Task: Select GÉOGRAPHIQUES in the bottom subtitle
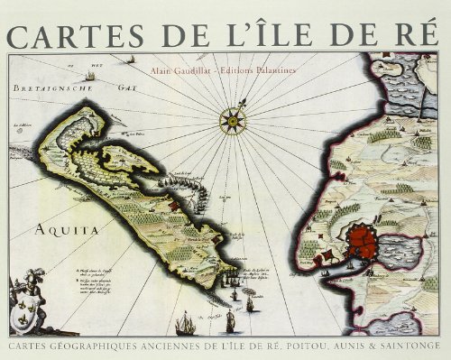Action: [89, 346]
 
